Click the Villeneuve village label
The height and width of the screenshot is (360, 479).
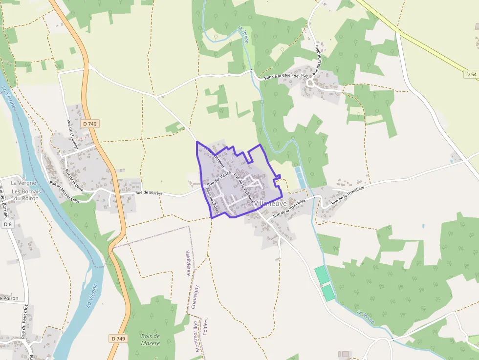coord(270,203)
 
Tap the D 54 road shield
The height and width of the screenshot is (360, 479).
coord(471,74)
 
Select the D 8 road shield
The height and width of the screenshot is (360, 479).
coord(7,224)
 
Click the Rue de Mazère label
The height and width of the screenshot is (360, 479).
coord(149,193)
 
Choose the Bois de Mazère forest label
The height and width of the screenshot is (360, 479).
coord(150,339)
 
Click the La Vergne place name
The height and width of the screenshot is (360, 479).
coord(18,183)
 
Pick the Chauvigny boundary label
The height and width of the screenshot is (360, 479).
coord(196,296)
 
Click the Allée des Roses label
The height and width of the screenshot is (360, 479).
coord(212,200)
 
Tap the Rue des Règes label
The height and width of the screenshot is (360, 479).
coord(218,180)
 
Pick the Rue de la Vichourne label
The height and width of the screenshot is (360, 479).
coord(243,186)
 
